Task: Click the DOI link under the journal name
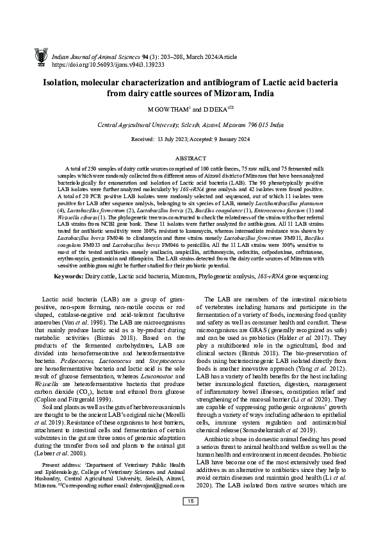pyautogui.click(x=108, y=65)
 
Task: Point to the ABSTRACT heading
pyautogui.click(x=191, y=157)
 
